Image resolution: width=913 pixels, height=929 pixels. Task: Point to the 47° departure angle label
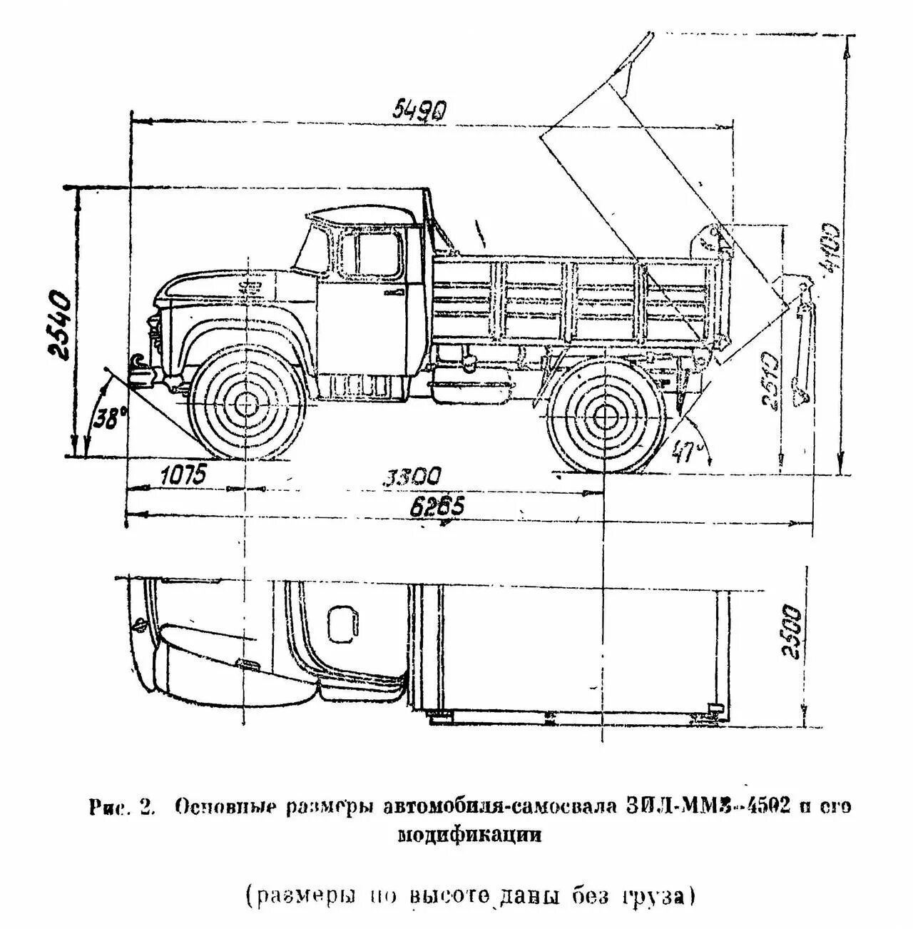pos(686,450)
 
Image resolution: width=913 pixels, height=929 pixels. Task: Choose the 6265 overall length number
pos(437,507)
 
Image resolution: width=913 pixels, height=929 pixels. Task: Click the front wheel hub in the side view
pos(248,405)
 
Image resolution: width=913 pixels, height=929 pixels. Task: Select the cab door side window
pos(378,254)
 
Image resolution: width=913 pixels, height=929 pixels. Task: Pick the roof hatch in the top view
pos(343,623)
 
